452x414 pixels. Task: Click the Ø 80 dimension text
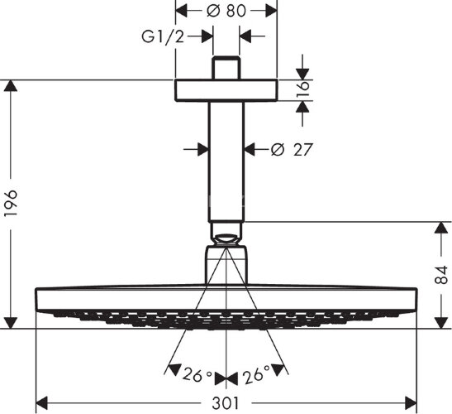[226, 11]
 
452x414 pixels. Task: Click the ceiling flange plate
[226, 89]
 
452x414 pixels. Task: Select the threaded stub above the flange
[226, 68]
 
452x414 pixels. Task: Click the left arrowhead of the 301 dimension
[40, 402]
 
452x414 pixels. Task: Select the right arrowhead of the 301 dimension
[412, 402]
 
